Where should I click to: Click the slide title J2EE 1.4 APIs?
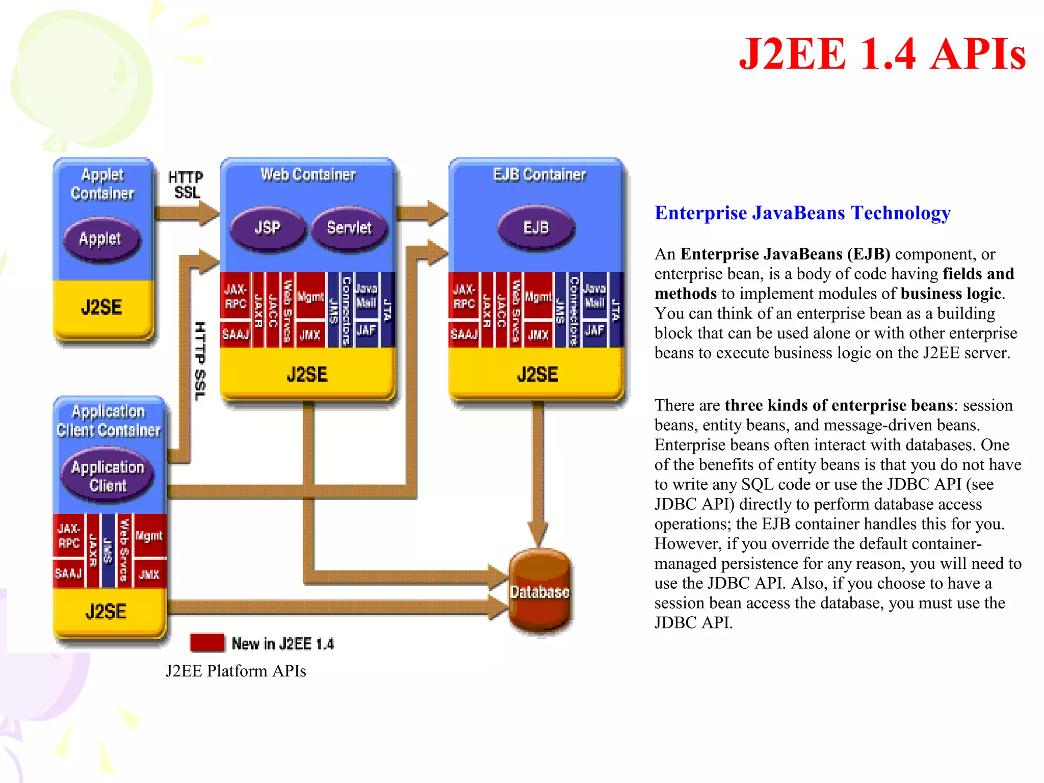tap(882, 54)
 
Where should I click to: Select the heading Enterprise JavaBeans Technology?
tap(802, 213)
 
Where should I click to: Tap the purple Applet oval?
tap(100, 239)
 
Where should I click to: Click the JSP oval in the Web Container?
tap(268, 228)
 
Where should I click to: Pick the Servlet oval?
tap(349, 228)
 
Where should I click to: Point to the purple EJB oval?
tap(536, 228)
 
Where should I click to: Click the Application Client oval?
tap(108, 476)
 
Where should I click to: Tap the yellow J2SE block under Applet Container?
tap(102, 307)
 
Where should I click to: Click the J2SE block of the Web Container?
tap(307, 375)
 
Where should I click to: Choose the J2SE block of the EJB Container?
tap(537, 375)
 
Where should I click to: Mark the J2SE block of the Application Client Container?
tap(106, 612)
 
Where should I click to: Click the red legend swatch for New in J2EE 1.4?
tap(207, 643)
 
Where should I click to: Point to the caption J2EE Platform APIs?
tap(236, 671)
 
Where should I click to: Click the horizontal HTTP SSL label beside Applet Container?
tap(186, 185)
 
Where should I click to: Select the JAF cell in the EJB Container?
tap(594, 331)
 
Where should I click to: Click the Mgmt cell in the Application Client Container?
tap(149, 536)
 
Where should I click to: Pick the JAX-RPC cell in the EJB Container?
tap(463, 297)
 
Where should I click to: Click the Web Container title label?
tap(308, 174)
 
